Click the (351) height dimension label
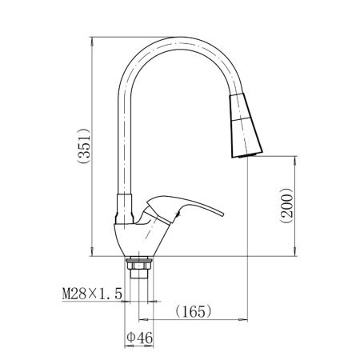[84, 146]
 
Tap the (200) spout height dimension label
[286, 206]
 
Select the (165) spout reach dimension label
[194, 311]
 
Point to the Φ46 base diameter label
[140, 338]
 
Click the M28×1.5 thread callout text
[92, 294]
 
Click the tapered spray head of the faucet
[246, 126]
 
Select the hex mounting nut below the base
[139, 266]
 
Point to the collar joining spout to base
[124, 209]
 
